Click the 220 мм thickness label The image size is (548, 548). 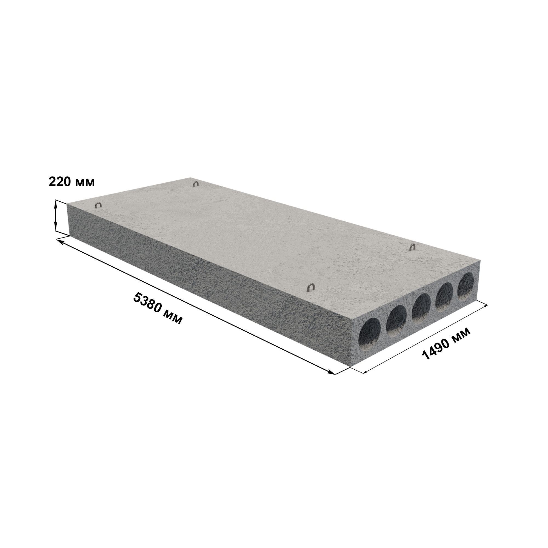(x=72, y=182)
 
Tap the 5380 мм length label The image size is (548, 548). (x=158, y=309)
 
